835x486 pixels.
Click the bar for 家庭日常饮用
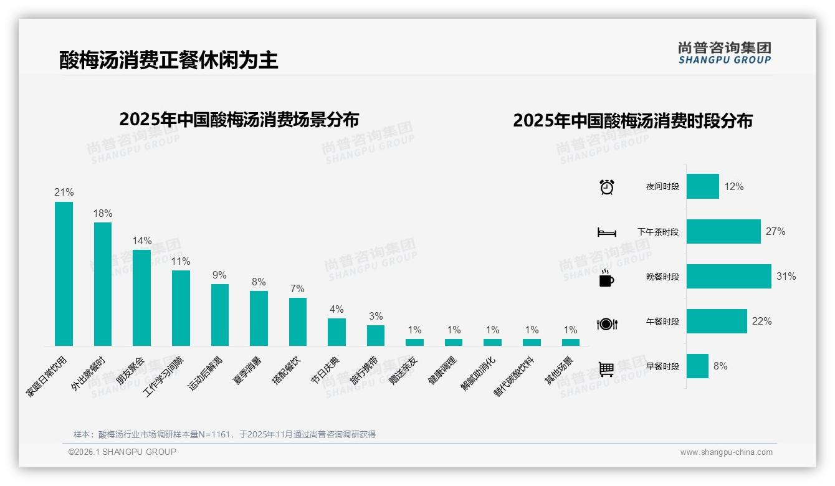(64, 274)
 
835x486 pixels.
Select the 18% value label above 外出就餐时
(103, 214)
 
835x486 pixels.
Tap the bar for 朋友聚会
(141, 297)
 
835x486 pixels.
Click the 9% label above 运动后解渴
(219, 275)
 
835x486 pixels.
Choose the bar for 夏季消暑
(259, 318)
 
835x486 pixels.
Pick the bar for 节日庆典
(336, 331)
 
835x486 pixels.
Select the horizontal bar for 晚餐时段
(728, 277)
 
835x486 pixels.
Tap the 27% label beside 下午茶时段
(775, 232)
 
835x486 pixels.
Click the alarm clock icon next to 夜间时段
(606, 187)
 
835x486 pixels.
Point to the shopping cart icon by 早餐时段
(606, 369)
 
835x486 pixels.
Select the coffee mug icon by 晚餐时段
(606, 279)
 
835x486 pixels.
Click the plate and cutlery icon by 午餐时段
(606, 324)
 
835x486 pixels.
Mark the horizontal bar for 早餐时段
(697, 366)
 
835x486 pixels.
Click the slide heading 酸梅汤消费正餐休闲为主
(168, 60)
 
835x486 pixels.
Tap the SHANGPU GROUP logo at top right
(724, 53)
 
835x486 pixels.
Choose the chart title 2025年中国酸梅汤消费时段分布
(632, 121)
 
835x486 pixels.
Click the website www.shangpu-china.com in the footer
(726, 452)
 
